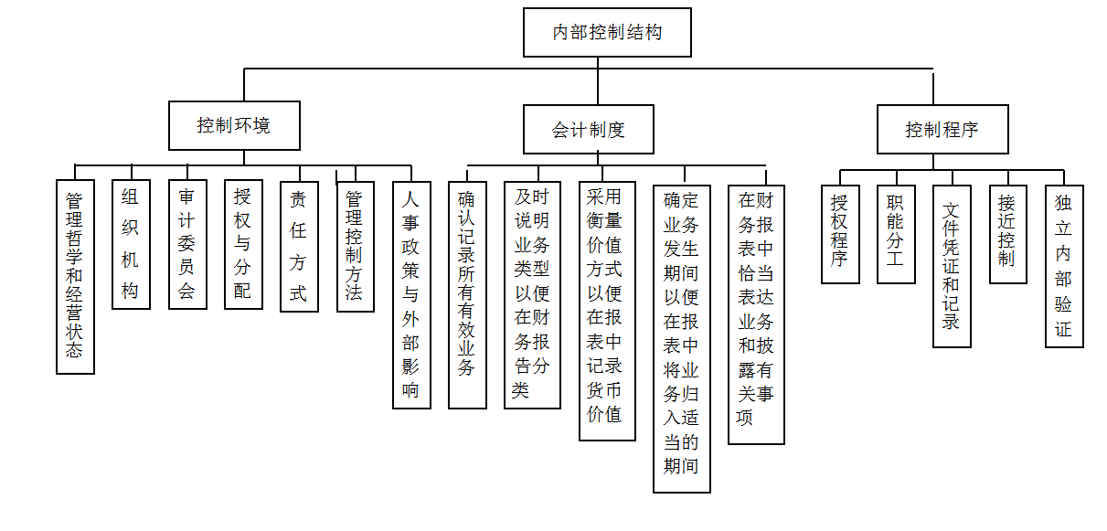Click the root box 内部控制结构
point(607,32)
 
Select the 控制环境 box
point(234,125)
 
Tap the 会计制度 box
point(589,129)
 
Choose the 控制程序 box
point(943,129)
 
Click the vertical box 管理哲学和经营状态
point(75,277)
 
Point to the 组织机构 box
point(131,245)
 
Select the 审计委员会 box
point(187,245)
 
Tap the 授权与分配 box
point(244,245)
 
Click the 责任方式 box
point(300,247)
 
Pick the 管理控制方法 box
point(356,247)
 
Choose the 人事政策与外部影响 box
point(411,295)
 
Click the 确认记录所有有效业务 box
point(467,295)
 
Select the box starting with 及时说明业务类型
point(532,295)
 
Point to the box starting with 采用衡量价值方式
point(607,311)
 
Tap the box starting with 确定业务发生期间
point(682,339)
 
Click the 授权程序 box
point(841,234)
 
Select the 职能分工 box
point(897,234)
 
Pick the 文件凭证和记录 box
point(953,266)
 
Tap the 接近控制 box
point(1008,234)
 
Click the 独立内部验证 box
point(1065,266)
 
